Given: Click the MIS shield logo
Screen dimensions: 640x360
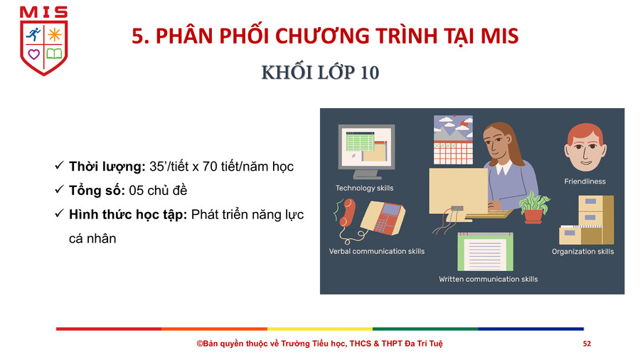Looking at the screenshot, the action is click(43, 41).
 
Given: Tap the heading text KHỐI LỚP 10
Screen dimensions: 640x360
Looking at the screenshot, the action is click(321, 73).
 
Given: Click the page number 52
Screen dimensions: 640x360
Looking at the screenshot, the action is click(587, 344).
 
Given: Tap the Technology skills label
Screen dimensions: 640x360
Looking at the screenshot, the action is click(365, 188).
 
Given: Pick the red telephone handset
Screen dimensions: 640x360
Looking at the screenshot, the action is click(346, 212).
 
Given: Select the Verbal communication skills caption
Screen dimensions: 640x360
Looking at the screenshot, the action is click(377, 251).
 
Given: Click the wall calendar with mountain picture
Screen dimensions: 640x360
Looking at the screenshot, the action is click(453, 140).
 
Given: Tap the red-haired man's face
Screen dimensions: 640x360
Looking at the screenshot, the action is click(585, 147).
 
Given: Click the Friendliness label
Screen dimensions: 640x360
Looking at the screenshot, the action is click(585, 181).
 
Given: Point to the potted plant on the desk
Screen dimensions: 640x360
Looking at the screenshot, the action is click(533, 207).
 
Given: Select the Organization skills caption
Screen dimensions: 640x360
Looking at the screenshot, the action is click(583, 251).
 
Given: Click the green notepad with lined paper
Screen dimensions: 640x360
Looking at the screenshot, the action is click(485, 252).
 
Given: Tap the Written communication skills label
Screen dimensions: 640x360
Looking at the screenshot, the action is click(488, 279).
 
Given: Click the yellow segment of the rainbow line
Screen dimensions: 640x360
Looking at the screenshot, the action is click(320, 329).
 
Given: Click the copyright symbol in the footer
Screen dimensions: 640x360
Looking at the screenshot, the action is click(200, 344).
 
